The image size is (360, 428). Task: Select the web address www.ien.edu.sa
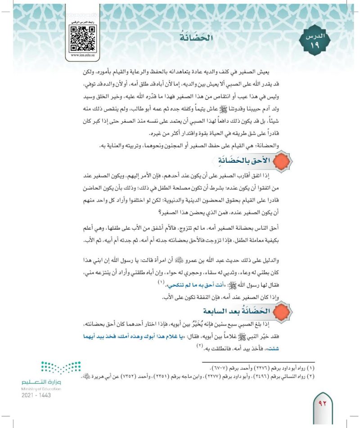coord(82,56)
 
